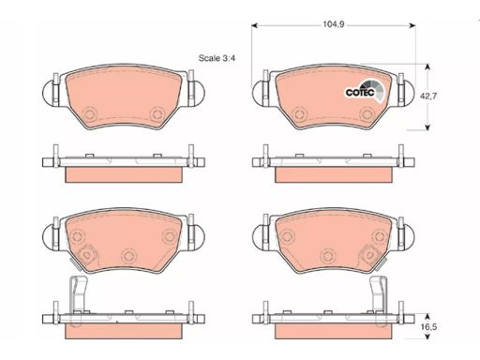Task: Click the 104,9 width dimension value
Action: (x=334, y=24)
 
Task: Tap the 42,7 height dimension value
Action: (x=427, y=96)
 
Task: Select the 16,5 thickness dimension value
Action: (x=428, y=327)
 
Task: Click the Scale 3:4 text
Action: (x=217, y=58)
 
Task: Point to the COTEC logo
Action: (x=364, y=91)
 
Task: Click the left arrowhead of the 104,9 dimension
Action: (x=254, y=25)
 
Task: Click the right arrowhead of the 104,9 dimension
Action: (x=412, y=25)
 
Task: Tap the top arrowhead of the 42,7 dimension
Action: (x=427, y=67)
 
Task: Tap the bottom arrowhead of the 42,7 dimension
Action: (x=427, y=127)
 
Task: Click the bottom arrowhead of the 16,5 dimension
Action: (x=427, y=337)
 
